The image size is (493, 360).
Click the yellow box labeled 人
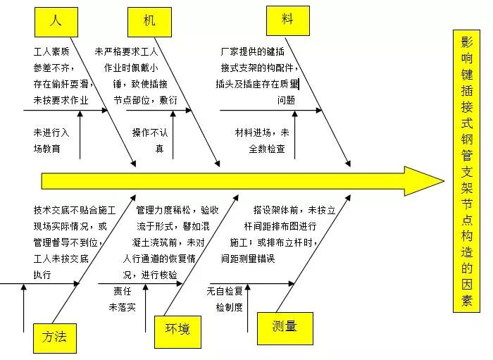coord(54,21)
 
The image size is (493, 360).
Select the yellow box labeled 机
coord(149,21)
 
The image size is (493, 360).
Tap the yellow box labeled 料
coord(287,19)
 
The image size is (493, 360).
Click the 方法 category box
coord(54,337)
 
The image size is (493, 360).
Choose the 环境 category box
coord(177,329)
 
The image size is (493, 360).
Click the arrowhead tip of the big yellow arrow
coord(442,181)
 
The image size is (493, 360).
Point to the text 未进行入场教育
coord(51,140)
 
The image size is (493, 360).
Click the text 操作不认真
coord(150,140)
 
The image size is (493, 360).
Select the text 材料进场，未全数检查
coord(262,140)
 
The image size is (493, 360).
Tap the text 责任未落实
coord(121,299)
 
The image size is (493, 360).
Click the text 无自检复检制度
coord(225,299)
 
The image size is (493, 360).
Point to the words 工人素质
coord(51,52)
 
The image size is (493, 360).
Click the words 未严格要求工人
coord(127,52)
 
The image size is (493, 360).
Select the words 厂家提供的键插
coord(252,52)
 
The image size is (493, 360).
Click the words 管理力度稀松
coord(166,210)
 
